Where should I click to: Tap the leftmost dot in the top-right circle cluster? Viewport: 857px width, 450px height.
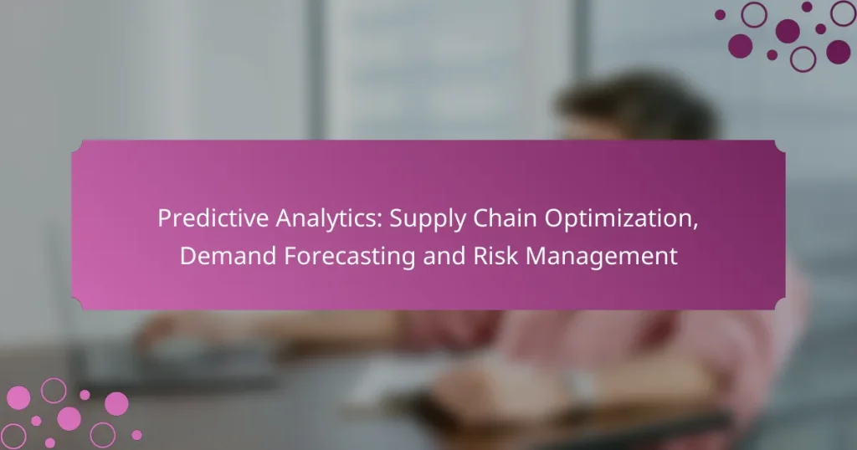[720, 14]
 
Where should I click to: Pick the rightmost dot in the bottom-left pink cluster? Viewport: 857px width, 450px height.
[136, 435]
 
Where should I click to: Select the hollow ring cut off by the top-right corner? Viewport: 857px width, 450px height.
[844, 12]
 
